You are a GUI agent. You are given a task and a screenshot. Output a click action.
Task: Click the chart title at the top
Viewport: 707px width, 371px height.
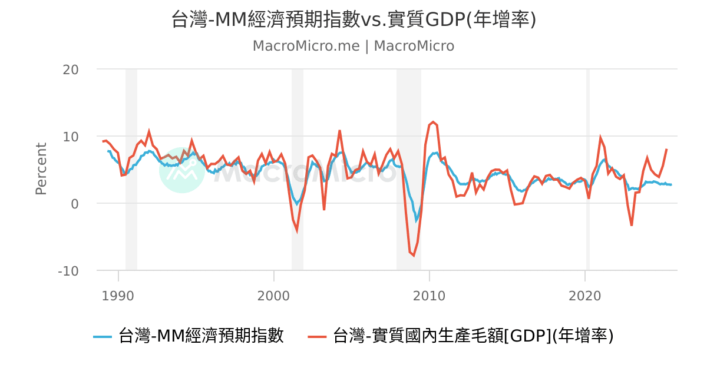[353, 19]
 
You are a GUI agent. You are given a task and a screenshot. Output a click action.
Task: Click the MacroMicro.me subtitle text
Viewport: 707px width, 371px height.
[353, 46]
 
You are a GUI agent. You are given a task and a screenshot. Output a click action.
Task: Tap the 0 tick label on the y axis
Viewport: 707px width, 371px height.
[75, 204]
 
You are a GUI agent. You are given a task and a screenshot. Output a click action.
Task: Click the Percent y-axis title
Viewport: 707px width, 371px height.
[41, 168]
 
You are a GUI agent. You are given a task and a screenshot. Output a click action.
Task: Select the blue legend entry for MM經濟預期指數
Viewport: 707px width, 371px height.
[189, 336]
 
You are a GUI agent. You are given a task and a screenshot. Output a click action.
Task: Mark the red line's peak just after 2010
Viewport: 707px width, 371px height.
[433, 122]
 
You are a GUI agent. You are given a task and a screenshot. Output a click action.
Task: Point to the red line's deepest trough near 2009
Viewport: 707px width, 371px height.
[413, 256]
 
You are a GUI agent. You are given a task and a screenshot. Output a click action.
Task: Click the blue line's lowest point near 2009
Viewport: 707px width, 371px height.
[416, 221]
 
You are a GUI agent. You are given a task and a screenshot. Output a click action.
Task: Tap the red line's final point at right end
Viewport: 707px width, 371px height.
[666, 149]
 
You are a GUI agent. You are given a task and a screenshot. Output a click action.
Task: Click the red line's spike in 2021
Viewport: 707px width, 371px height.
[600, 138]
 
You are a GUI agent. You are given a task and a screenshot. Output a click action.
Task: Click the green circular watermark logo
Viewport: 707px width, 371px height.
[182, 170]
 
